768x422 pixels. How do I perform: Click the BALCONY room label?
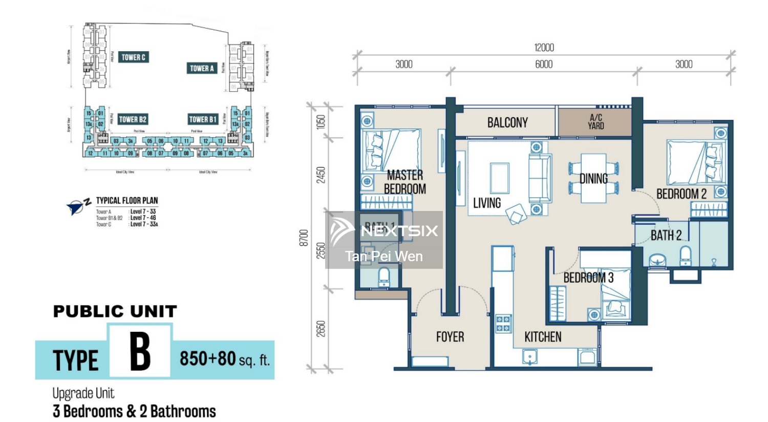507,122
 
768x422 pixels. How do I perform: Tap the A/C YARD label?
595,122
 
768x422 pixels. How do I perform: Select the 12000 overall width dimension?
544,48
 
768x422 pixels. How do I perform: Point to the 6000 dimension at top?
544,65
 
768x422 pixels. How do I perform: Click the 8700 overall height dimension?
304,238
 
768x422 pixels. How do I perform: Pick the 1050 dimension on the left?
321,122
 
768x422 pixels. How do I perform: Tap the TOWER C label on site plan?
134,57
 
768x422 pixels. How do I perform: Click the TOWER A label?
202,68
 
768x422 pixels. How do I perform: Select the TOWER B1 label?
203,119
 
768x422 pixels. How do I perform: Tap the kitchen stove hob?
503,323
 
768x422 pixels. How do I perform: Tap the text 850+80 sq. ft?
224,358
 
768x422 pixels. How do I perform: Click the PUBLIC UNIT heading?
115,311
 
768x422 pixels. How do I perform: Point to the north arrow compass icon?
78,206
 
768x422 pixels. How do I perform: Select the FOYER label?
450,337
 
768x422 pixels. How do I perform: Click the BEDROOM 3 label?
588,278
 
